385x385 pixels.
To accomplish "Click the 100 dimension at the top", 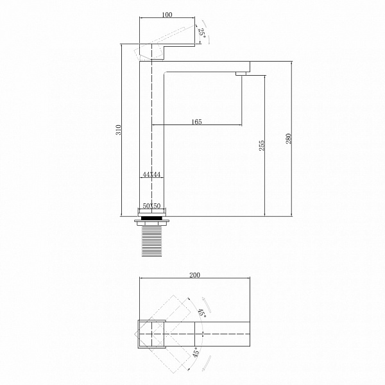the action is pyautogui.click(x=167, y=15).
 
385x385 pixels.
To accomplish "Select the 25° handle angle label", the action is pyautogui.click(x=202, y=32).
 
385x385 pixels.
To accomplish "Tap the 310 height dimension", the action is pyautogui.click(x=119, y=130).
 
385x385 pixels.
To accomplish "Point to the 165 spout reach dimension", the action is pyautogui.click(x=196, y=122).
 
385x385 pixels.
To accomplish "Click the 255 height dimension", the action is pyautogui.click(x=262, y=146).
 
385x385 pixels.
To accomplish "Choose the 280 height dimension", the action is pyautogui.click(x=289, y=139).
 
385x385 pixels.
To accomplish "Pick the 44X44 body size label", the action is pyautogui.click(x=151, y=175).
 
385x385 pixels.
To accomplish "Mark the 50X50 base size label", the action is pyautogui.click(x=151, y=206).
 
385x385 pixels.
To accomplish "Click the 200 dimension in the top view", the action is pyautogui.click(x=194, y=275).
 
